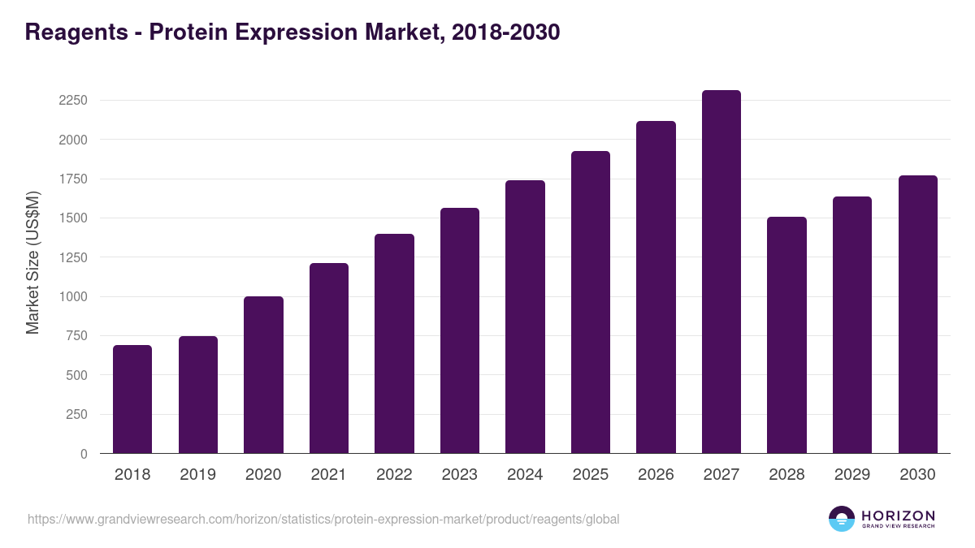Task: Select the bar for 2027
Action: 721,272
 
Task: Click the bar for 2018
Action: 132,399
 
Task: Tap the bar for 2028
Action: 786,335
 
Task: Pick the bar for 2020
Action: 263,375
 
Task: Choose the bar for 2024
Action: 525,317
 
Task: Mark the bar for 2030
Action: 917,314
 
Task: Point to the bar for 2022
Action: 394,343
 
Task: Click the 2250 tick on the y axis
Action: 73,101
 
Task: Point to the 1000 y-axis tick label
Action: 73,297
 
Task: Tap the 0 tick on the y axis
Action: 84,454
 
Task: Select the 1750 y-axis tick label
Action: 73,179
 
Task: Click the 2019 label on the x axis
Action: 198,475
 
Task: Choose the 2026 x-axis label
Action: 656,475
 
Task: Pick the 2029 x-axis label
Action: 852,475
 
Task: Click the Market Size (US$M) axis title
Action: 32,261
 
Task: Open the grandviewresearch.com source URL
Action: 323,519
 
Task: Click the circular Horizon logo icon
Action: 842,519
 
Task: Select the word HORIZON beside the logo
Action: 898,516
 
